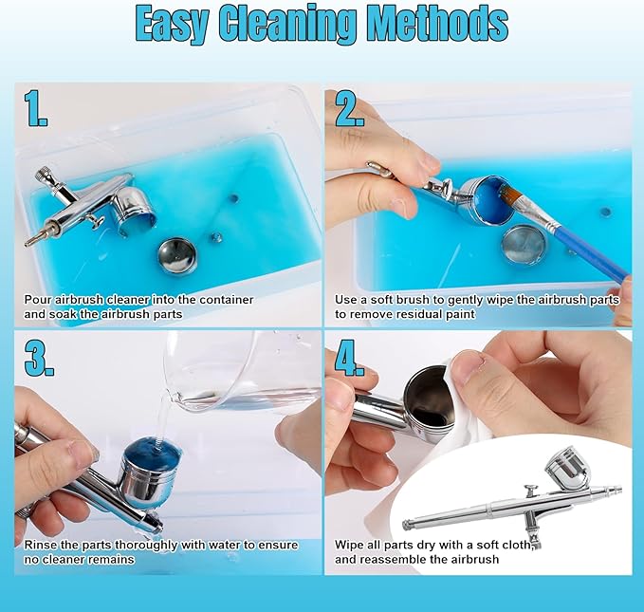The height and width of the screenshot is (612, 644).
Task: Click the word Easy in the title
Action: [172, 24]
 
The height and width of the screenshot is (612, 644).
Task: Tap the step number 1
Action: [35, 108]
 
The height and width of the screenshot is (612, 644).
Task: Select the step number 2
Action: [350, 108]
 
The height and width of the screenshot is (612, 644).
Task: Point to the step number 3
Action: [39, 358]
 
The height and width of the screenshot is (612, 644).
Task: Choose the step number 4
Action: [350, 358]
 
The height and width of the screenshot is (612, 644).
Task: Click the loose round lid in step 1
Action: [178, 256]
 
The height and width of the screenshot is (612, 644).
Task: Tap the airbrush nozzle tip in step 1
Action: [30, 242]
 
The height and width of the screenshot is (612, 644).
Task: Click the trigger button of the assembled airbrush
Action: [530, 491]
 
